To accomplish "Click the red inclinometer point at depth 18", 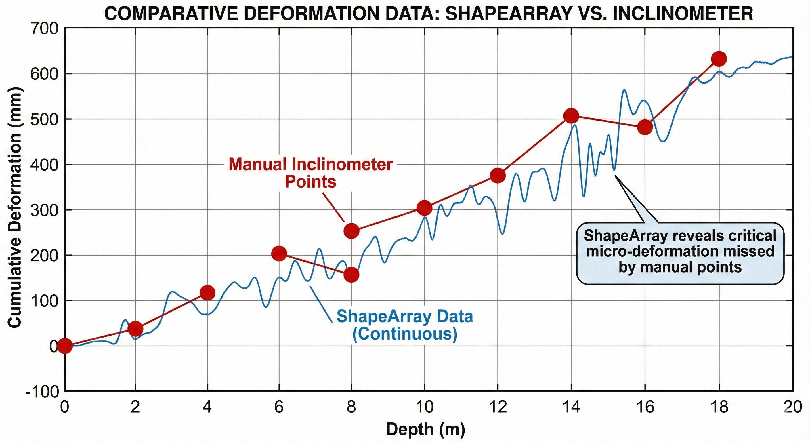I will tap(719, 59).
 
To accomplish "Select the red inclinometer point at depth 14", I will tap(571, 116).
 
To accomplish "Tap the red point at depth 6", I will tap(279, 253).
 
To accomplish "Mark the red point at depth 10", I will tap(424, 208).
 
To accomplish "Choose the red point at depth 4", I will tap(207, 293).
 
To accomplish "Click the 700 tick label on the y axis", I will tap(44, 29).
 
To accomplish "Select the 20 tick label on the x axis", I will tap(793, 407).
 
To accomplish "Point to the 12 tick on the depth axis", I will tap(498, 407).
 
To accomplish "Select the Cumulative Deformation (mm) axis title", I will tap(14, 208).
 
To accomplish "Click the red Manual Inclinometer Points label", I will tap(311, 173).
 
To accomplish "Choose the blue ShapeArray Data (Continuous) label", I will tap(405, 325).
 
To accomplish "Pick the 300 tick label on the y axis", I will tap(44, 210).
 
